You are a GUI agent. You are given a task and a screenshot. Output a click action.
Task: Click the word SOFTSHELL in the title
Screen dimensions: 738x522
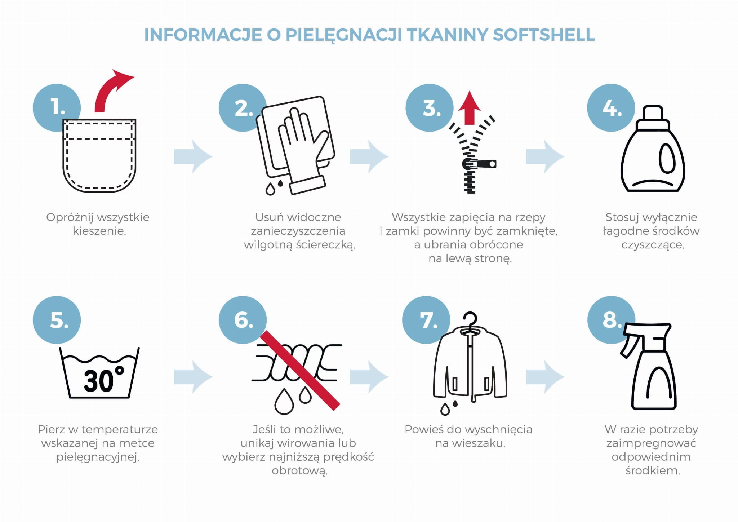click(x=543, y=35)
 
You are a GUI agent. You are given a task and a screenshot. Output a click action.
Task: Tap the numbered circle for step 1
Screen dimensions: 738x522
click(x=57, y=107)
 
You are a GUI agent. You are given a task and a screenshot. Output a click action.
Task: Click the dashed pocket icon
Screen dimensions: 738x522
click(x=99, y=156)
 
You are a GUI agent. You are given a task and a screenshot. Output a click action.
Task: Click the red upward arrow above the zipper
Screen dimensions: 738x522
click(x=470, y=107)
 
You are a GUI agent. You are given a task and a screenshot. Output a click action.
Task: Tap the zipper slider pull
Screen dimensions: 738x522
click(x=479, y=164)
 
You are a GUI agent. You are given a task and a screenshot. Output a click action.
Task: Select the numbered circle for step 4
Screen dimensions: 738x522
click(x=611, y=107)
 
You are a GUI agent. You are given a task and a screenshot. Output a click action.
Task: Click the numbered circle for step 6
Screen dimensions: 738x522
click(x=243, y=320)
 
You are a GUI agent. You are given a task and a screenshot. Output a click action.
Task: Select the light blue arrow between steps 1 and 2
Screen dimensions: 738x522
click(x=193, y=156)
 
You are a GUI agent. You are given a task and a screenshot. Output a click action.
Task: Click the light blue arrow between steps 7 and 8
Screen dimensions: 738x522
click(x=545, y=377)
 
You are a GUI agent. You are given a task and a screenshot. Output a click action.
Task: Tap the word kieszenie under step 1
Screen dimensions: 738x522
click(x=99, y=231)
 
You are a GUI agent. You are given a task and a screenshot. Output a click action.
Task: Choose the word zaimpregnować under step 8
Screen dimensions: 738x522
click(x=651, y=443)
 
